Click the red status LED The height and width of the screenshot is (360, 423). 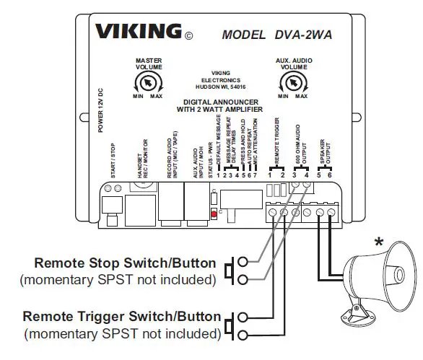tap(213, 214)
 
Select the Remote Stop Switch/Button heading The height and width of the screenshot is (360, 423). tap(126, 262)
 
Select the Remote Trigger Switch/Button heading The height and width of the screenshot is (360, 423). tap(121, 316)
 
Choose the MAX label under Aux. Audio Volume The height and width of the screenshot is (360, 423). tap(302, 97)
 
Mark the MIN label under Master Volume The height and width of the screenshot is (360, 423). tap(136, 97)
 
